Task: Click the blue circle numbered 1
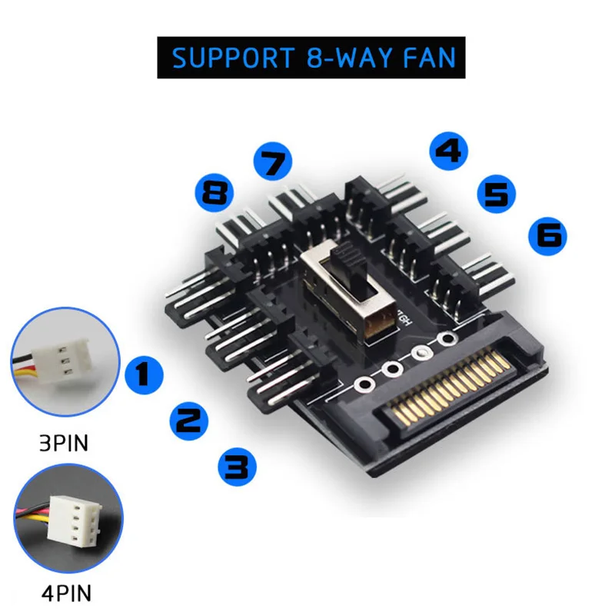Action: pyautogui.click(x=144, y=374)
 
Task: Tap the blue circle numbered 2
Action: pyautogui.click(x=188, y=421)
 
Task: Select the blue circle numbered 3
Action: pyautogui.click(x=237, y=467)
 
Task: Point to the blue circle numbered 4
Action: pyautogui.click(x=449, y=151)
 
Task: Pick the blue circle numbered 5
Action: pyautogui.click(x=496, y=194)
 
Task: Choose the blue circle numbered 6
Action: pyautogui.click(x=547, y=236)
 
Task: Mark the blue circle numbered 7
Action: pyautogui.click(x=273, y=161)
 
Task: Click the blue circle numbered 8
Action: pyautogui.click(x=214, y=192)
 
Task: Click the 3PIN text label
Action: pyautogui.click(x=64, y=444)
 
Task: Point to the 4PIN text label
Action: pyautogui.click(x=67, y=593)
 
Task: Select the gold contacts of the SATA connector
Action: pyautogui.click(x=451, y=388)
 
